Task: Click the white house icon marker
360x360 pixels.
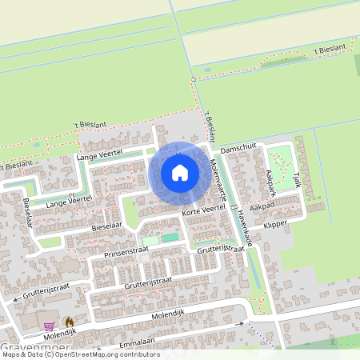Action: pos(180,172)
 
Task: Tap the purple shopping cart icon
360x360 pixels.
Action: pos(50,326)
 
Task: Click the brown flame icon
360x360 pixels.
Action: pos(69,322)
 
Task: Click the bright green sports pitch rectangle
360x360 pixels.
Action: pos(170,238)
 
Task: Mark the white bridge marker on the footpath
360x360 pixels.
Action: pos(194,81)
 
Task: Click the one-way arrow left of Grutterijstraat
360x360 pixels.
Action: pos(18,301)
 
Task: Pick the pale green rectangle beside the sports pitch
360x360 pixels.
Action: pos(150,240)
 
